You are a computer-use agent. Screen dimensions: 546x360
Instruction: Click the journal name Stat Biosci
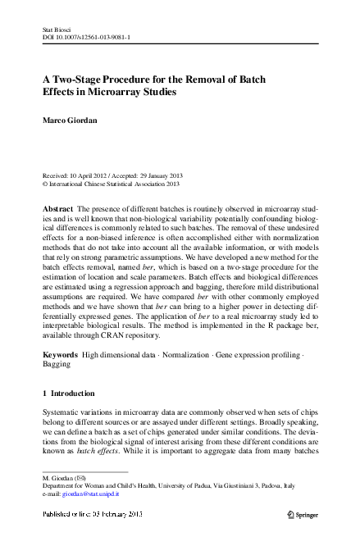click(x=56, y=30)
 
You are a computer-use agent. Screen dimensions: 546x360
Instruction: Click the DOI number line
click(x=85, y=38)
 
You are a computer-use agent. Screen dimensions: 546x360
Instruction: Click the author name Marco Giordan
click(x=71, y=120)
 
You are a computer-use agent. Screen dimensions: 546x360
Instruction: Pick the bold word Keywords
click(x=61, y=353)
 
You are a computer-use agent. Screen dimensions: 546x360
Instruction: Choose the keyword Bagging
click(x=57, y=363)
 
